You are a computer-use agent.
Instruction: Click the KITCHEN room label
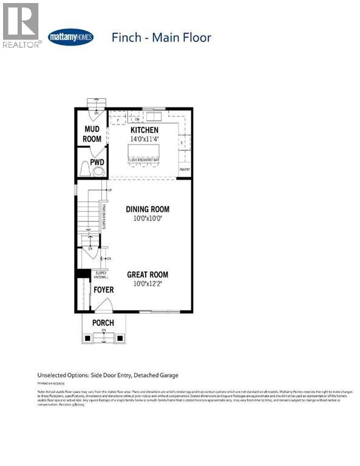coord(144,130)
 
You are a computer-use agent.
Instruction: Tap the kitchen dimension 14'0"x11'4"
coord(144,139)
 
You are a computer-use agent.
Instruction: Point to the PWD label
coord(97,163)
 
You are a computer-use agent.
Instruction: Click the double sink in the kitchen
coord(154,116)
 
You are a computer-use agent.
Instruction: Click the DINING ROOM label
coord(148,209)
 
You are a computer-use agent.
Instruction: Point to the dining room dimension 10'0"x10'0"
coord(148,218)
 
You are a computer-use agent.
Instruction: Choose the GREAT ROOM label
coord(148,274)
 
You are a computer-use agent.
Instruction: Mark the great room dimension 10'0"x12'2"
coord(148,283)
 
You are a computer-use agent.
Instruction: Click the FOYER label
coord(103,290)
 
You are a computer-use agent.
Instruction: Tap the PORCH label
coord(103,322)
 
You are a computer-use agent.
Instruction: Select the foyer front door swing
coord(86,297)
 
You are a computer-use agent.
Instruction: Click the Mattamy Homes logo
coord(70,36)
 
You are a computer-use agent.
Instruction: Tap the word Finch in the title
coord(126,38)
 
